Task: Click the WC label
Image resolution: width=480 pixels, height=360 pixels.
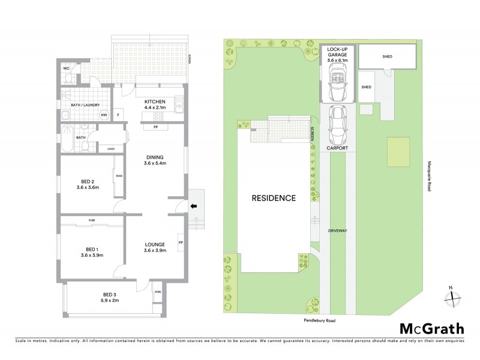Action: pos(67,68)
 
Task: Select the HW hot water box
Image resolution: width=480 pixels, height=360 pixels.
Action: pos(104,115)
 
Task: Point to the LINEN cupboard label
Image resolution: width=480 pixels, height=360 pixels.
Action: pos(110,149)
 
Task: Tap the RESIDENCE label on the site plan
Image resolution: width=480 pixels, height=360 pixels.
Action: pos(273,198)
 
